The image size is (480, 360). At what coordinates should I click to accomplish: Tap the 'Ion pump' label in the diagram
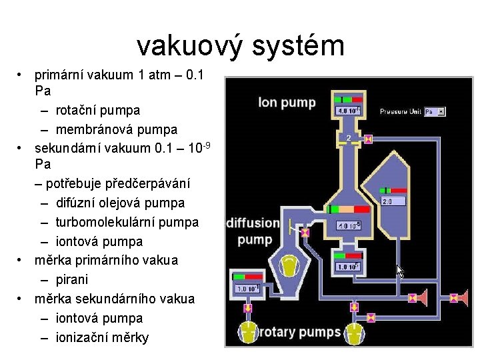tap(287, 102)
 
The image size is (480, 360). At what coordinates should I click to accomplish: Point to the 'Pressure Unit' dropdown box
tap(435, 111)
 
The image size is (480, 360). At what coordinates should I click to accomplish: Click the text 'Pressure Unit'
tap(400, 111)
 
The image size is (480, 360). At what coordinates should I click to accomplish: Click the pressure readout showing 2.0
tap(393, 201)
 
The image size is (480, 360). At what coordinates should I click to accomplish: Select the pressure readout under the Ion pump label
tap(348, 111)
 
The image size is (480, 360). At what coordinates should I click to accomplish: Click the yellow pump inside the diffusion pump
tap(289, 266)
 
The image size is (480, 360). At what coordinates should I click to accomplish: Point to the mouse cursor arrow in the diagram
tap(400, 270)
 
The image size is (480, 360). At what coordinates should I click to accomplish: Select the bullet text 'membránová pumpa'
tap(117, 129)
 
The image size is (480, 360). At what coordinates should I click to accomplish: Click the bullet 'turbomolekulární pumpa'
tap(127, 221)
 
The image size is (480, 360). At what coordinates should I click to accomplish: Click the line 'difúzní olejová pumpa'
tap(121, 202)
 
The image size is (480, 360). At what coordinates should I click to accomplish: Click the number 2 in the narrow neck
tap(349, 138)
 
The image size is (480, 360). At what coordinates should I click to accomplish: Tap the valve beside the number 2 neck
tap(369, 139)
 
